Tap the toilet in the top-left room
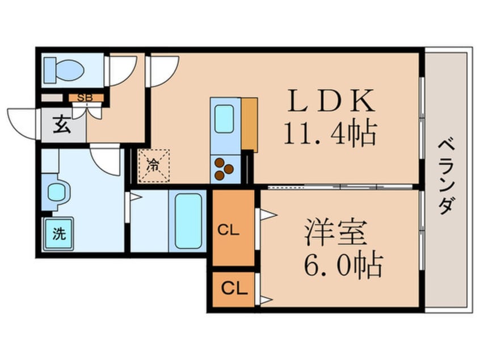coord(64,69)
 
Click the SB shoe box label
coord(85,97)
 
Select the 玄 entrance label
coord(62,124)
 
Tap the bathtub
coord(188,221)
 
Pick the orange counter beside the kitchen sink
coord(250,124)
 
